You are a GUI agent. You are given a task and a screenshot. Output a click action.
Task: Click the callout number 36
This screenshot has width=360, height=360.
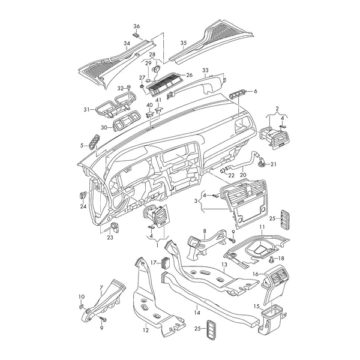point(137,26)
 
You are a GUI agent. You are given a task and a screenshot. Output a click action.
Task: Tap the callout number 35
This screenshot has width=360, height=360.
point(184,43)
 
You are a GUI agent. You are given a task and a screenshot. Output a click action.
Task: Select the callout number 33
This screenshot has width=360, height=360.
point(205,70)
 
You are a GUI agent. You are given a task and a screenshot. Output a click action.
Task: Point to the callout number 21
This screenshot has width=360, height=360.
point(274,164)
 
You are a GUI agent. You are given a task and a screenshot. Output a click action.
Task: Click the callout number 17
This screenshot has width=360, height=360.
point(154,262)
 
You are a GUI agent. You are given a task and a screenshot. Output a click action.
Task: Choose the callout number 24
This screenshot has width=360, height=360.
point(83,206)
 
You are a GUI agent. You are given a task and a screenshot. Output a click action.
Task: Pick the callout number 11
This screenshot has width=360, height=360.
point(262,227)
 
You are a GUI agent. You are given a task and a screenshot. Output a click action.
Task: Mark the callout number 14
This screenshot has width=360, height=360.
point(197,313)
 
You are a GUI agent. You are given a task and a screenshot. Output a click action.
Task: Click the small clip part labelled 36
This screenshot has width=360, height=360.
point(136,35)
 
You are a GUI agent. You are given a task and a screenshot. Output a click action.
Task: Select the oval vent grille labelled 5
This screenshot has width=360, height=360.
point(94,142)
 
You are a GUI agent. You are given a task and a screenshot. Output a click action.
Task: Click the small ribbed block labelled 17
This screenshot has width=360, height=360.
point(166,262)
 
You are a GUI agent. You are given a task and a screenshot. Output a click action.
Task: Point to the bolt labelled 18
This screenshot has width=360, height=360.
point(271,260)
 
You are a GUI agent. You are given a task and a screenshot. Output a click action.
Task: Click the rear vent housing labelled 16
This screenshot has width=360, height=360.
point(275,285)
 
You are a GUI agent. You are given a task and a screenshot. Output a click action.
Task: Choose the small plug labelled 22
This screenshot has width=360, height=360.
point(223,170)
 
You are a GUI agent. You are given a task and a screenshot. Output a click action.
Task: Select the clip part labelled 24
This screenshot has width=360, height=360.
point(82,196)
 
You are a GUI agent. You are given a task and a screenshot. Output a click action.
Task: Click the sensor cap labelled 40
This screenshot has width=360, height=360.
point(149,114)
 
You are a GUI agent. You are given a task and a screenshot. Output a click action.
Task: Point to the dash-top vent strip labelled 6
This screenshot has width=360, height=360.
point(238,94)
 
